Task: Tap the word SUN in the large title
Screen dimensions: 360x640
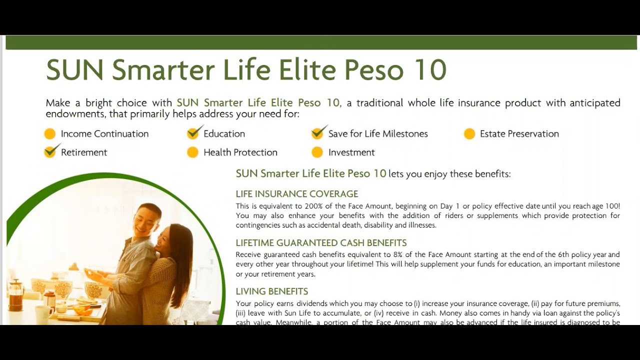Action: coord(74,70)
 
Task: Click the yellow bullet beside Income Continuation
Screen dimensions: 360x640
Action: coord(49,134)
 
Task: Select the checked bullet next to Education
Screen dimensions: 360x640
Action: coord(193,133)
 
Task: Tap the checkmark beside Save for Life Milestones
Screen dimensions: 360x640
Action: coord(318,133)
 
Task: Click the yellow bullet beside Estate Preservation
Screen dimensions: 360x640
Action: coord(469,134)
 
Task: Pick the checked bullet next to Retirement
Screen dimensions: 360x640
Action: coord(50,151)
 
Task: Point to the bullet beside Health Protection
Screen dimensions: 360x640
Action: coord(192,152)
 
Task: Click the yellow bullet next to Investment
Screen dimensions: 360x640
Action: coord(317,152)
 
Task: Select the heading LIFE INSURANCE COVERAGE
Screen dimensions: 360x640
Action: coord(297,194)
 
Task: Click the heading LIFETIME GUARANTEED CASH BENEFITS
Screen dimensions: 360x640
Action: coord(321,243)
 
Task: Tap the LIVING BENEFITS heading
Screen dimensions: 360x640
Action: coord(271,291)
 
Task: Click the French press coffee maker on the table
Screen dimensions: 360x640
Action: coord(16,295)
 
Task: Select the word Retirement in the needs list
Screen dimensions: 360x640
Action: coord(84,152)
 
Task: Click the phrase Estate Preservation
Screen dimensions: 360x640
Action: coord(519,134)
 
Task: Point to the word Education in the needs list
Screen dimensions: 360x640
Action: coord(224,134)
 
